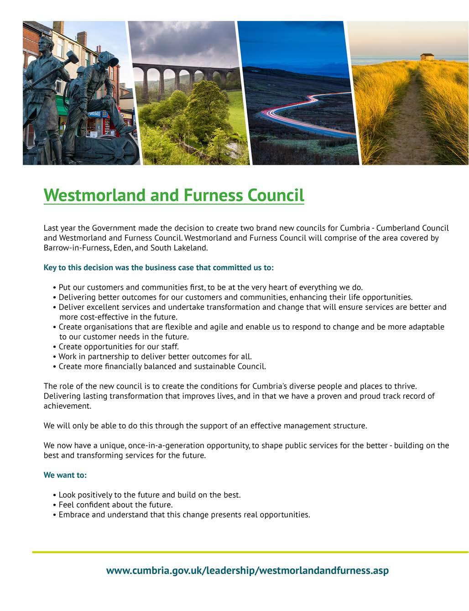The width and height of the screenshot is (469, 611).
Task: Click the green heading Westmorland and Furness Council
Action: click(173, 195)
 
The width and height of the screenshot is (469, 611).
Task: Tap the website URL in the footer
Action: click(247, 570)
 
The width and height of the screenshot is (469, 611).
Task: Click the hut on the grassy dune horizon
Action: click(427, 57)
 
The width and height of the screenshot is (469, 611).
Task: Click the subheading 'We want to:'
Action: click(65, 475)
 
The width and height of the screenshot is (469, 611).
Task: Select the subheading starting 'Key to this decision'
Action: click(158, 267)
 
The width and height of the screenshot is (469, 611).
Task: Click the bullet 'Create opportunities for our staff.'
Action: click(119, 347)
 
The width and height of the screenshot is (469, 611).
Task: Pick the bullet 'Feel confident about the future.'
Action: click(115, 505)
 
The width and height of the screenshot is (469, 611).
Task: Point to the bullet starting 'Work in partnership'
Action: click(155, 356)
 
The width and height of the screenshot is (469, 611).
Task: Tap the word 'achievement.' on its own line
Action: click(67, 406)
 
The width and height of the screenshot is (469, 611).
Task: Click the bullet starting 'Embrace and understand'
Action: click(184, 515)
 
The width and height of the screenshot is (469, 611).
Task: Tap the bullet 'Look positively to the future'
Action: click(149, 495)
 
